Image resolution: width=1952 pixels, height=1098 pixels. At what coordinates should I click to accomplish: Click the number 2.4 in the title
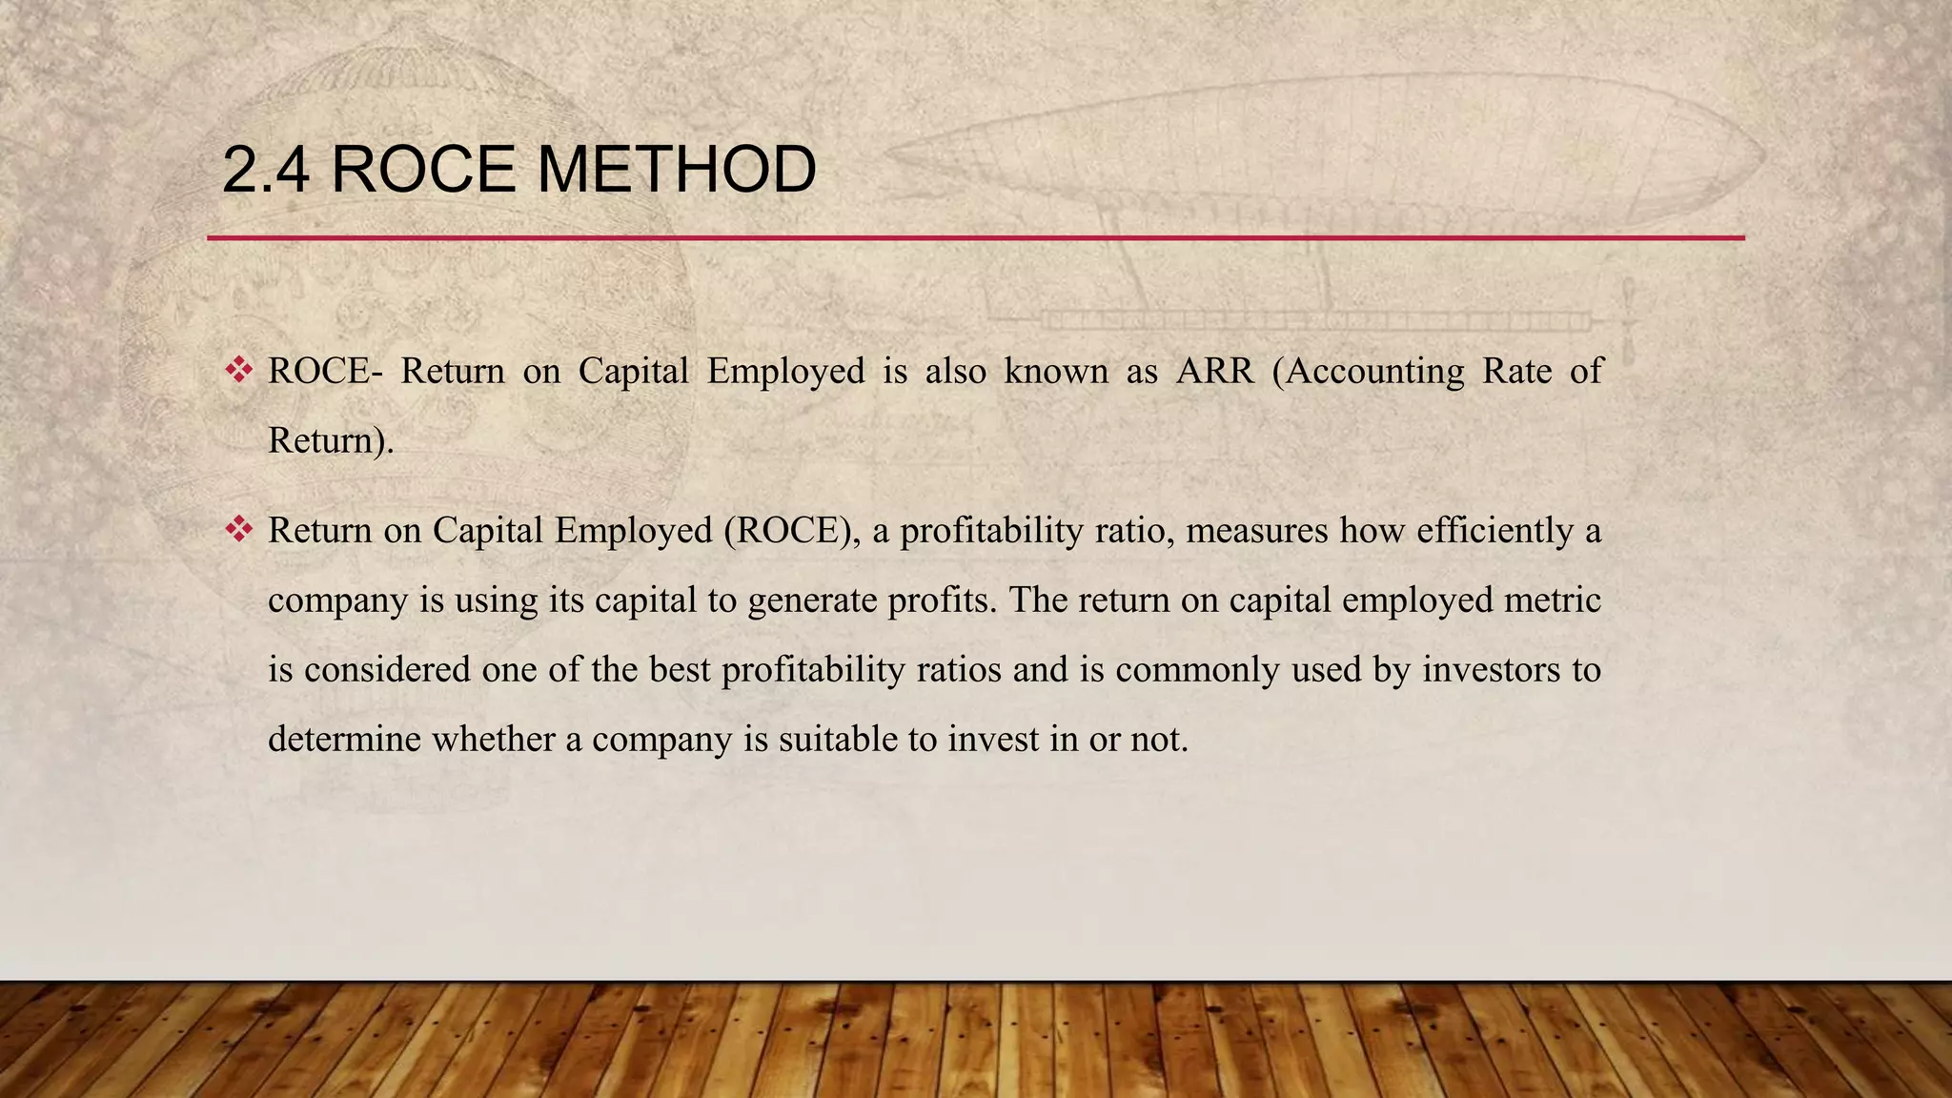click(265, 170)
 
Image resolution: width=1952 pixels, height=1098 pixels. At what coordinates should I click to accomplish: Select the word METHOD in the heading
click(676, 170)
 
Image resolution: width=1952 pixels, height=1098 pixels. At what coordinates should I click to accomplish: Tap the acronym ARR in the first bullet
click(1214, 371)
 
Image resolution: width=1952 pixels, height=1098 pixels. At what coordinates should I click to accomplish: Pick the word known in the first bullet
click(1056, 371)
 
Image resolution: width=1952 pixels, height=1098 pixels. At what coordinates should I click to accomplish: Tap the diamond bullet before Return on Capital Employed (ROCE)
click(238, 529)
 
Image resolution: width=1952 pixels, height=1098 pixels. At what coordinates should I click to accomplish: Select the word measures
click(1256, 530)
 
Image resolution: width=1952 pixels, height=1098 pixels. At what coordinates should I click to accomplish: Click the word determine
click(344, 740)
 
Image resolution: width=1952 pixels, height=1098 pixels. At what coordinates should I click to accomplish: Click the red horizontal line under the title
click(976, 237)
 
